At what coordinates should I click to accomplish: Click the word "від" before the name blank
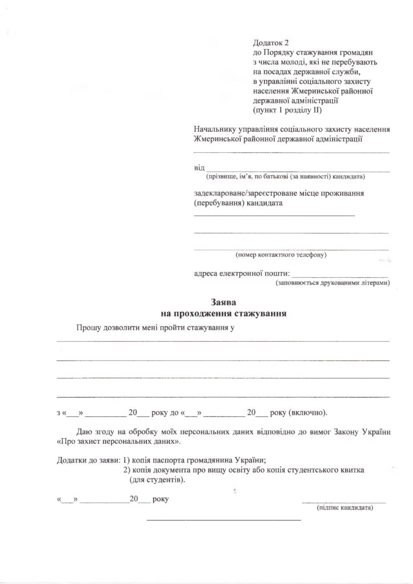199,168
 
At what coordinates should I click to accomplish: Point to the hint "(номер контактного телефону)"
280,254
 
